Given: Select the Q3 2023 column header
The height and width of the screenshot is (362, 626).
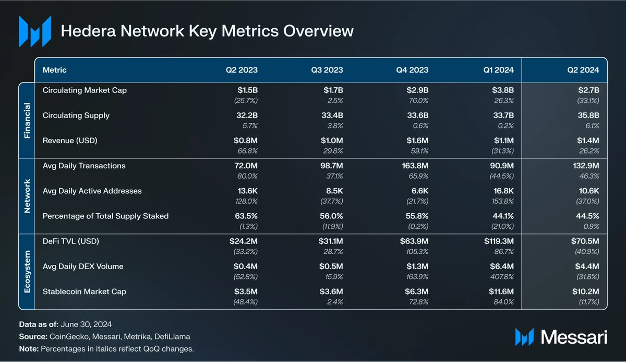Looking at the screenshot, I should click(327, 69).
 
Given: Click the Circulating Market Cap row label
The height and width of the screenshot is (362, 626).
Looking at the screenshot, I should click(85, 90).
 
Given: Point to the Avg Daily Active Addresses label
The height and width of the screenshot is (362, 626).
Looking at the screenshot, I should click(92, 191).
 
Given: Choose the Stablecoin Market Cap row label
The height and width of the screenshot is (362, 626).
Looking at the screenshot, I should click(85, 291).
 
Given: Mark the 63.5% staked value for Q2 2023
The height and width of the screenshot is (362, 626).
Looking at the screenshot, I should click(244, 216).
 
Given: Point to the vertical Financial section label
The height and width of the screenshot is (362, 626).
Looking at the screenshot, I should click(27, 120).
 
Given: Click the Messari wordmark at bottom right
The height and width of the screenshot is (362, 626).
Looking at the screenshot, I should click(574, 337).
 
